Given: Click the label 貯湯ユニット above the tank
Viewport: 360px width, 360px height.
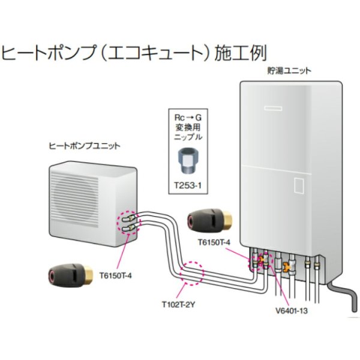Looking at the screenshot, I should pos(289,70).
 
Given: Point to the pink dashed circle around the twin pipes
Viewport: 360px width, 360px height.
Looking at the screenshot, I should pos(193,272).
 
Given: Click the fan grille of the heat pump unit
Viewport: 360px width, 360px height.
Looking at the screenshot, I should pos(78,198).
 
